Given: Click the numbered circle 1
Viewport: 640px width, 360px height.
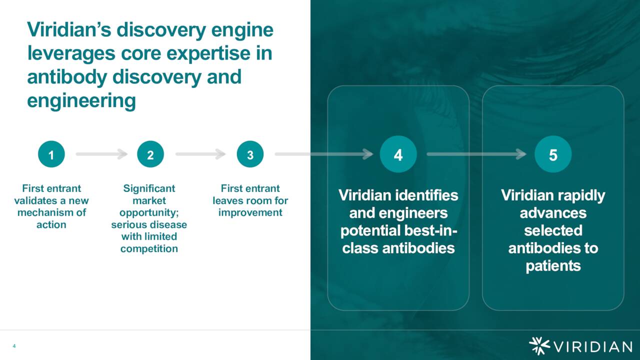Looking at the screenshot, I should tap(51, 155).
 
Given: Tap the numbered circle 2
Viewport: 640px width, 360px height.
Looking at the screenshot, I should tap(150, 155).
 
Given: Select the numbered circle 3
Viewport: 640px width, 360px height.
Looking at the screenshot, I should tap(250, 155).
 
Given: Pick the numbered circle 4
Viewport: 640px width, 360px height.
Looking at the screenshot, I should tap(398, 155).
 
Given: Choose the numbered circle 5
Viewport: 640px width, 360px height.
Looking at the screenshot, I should tap(552, 155).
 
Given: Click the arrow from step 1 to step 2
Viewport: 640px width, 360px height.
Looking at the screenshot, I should tap(101, 154).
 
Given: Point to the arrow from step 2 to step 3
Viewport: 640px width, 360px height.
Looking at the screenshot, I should tap(200, 154).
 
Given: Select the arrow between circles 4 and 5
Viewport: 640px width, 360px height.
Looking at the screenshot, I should tap(476, 154).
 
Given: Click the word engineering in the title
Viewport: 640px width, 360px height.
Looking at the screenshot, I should tap(81, 100).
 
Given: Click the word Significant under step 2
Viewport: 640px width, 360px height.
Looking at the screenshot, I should tap(149, 188).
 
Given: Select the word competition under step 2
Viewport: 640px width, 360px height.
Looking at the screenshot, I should tap(149, 248).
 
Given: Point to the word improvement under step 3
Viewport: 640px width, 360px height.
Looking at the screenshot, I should tap(250, 212).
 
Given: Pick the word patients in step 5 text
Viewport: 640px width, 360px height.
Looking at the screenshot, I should tap(552, 265).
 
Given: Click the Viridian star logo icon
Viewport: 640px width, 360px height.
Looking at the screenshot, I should tap(539, 346).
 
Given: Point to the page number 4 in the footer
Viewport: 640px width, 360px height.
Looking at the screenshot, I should tap(14, 346).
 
